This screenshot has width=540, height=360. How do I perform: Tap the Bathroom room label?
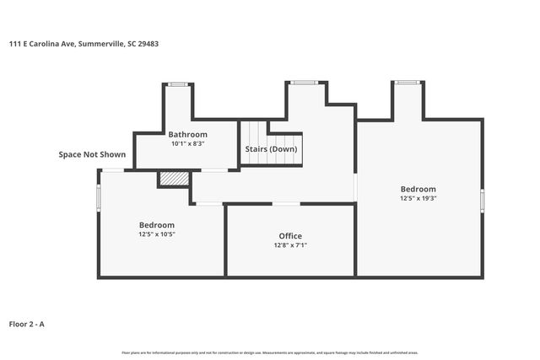pos(187,135)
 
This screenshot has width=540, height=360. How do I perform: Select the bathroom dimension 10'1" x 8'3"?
pos(187,144)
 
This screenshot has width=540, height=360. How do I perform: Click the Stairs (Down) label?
pos(271,149)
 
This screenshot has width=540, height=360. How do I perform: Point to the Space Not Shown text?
pos(92,155)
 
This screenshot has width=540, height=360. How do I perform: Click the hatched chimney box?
pos(174,179)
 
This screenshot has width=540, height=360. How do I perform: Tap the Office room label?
pos(290,236)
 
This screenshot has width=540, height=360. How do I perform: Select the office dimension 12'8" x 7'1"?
pos(290,245)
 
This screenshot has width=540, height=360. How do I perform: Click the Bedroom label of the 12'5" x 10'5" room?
pos(157,225)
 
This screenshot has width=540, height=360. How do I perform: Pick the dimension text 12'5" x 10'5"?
pos(157,234)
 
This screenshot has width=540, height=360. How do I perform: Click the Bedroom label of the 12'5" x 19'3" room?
pos(418,189)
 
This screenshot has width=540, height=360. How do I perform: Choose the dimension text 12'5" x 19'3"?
pos(418,198)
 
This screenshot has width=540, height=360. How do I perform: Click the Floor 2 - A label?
pos(26,324)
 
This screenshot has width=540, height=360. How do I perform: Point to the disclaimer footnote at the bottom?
pos(270,352)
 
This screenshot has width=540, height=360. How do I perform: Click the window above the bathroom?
pos(177,83)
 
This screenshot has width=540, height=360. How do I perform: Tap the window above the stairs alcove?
pos(305,82)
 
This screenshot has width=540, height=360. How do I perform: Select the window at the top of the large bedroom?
pos(407,82)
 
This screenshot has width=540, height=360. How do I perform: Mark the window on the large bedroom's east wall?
pos(483,199)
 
